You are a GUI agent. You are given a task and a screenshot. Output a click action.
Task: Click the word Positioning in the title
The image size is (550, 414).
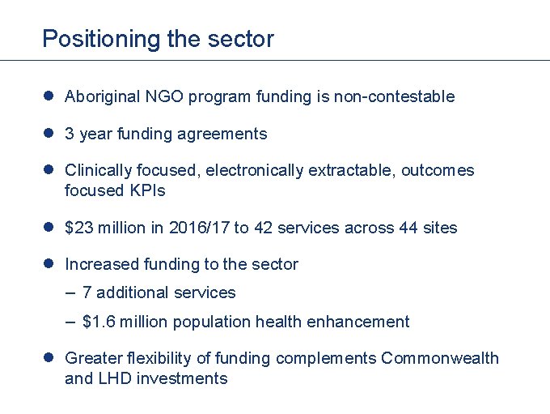click(89, 39)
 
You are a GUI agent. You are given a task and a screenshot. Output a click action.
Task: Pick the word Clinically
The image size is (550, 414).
click(97, 171)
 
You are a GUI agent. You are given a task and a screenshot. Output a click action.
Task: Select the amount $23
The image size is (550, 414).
click(78, 228)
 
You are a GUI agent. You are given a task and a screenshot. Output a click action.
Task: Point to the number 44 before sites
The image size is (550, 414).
click(408, 228)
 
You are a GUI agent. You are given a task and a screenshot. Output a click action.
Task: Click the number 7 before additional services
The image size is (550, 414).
click(87, 293)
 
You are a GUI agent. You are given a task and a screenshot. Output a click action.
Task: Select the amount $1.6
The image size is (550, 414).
click(98, 322)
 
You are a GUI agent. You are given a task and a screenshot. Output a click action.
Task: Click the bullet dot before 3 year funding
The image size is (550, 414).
click(49, 134)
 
